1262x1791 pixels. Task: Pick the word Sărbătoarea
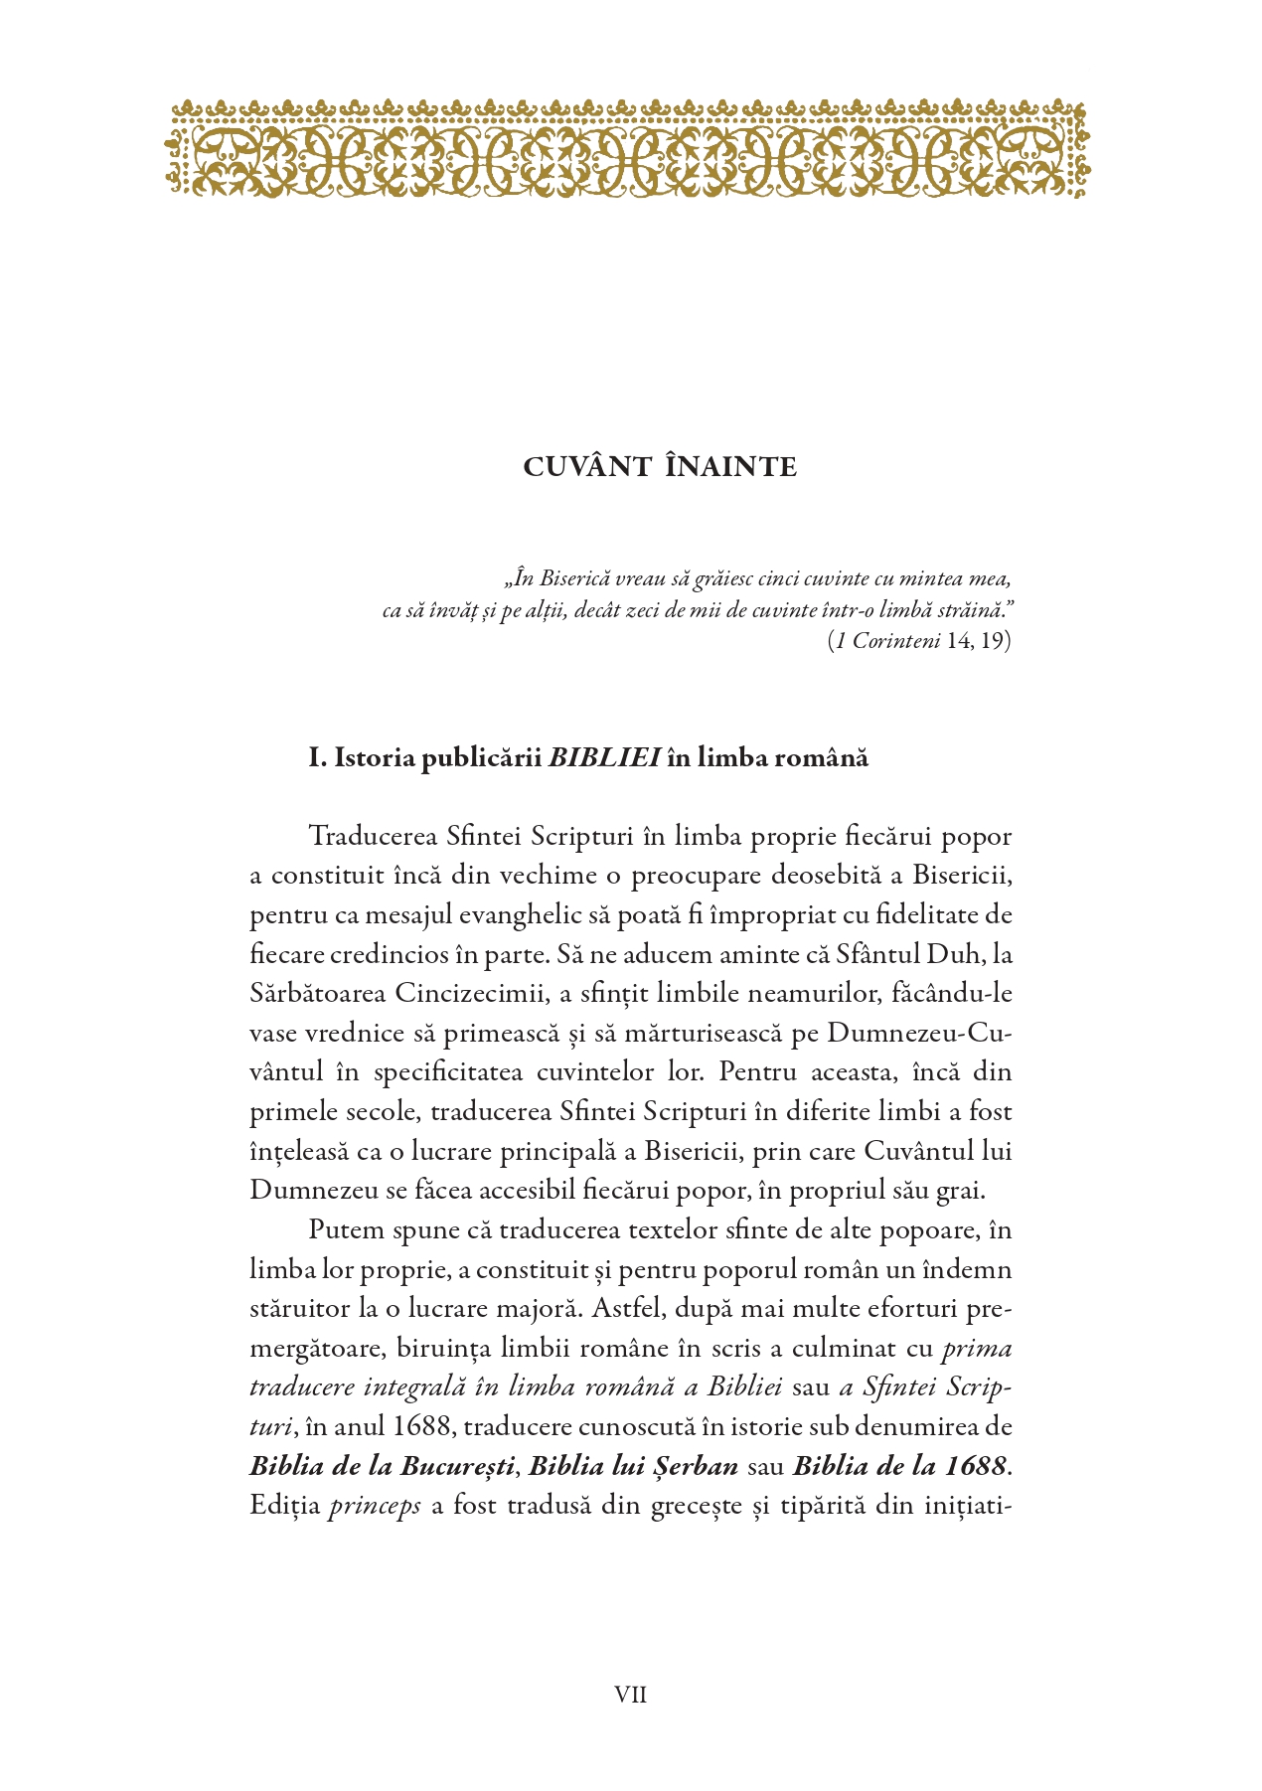pyautogui.click(x=317, y=993)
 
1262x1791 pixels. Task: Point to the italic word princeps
pyautogui.click(x=375, y=1505)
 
